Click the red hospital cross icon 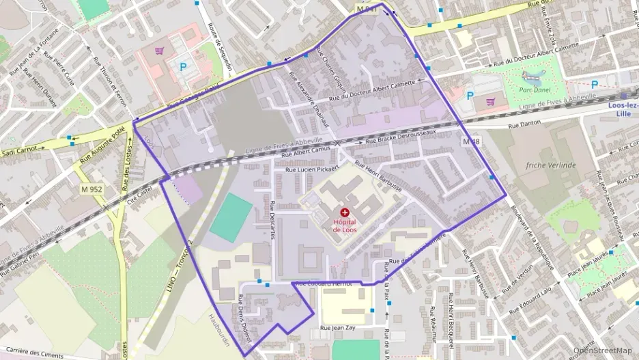tap(344, 213)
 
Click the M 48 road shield tap(471, 141)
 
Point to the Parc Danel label tap(535, 89)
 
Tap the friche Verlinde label tap(551, 165)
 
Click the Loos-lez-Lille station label tap(623, 109)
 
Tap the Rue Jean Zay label tap(338, 328)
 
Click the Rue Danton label tap(524, 124)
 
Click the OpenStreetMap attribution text tap(603, 350)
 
